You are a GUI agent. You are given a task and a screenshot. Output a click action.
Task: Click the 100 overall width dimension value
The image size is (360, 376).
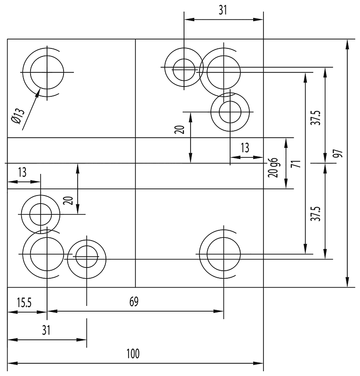(x=133, y=353)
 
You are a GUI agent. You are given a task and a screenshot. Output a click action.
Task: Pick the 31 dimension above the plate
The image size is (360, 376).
(x=223, y=10)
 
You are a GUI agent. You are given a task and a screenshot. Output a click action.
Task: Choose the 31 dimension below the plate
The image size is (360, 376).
(x=46, y=330)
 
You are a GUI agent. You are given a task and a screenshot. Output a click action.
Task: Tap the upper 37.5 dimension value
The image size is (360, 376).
(x=317, y=117)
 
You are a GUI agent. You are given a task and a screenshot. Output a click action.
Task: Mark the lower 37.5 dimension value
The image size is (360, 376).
(x=317, y=213)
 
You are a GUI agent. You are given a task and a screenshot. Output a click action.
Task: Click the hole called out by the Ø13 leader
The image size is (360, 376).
(x=47, y=72)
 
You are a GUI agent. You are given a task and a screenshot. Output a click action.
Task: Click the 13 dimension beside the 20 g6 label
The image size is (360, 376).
(x=245, y=148)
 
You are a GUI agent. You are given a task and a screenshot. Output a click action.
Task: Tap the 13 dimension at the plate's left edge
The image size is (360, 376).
(x=22, y=172)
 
